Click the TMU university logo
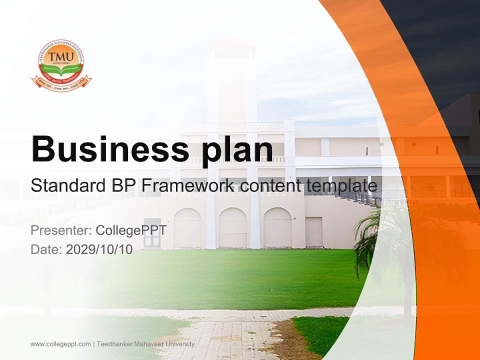tap(61, 65)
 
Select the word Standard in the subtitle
tap(67, 186)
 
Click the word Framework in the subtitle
tap(188, 186)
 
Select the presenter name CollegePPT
tap(131, 230)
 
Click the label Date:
tap(46, 249)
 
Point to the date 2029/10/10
tap(99, 249)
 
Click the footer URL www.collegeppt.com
tap(60, 344)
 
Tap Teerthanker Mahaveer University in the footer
tap(145, 344)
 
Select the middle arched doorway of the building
tap(232, 228)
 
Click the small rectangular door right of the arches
tap(314, 231)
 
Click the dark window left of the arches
tap(152, 233)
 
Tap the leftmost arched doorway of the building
tap(187, 228)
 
